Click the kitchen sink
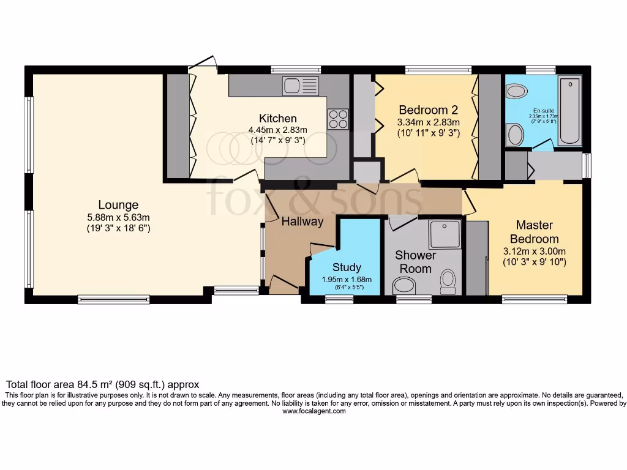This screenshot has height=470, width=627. click(x=301, y=86)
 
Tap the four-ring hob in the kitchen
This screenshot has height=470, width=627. click(x=338, y=118)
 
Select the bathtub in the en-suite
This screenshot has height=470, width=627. click(x=569, y=110)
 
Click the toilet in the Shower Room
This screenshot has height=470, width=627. click(x=449, y=280)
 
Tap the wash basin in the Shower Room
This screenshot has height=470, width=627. click(x=404, y=285)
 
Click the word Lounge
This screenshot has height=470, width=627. click(x=118, y=205)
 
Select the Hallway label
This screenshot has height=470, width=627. click(x=302, y=222)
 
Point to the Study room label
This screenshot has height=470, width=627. click(x=347, y=267)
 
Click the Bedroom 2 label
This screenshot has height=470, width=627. click(x=428, y=110)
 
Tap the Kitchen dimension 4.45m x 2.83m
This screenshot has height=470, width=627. click(x=277, y=129)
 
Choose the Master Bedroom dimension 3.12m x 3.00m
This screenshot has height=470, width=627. click(x=534, y=251)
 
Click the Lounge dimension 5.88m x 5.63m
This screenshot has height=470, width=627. click(x=118, y=217)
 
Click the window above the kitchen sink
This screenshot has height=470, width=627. click(x=296, y=69)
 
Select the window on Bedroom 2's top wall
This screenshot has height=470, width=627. click(x=438, y=69)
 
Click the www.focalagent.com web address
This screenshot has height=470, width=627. click(x=313, y=411)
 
